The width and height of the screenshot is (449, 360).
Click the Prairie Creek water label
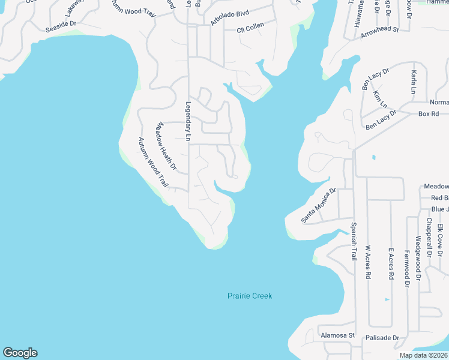[x=250, y=296]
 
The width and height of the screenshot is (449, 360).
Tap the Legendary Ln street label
[x=188, y=122]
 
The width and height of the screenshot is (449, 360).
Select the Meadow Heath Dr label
[x=166, y=146]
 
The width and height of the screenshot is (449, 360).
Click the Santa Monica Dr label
[x=319, y=205]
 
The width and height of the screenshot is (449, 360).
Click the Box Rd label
[x=429, y=113]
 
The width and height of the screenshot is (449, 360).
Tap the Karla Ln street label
[x=413, y=81]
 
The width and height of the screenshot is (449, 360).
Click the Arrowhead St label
[x=380, y=32]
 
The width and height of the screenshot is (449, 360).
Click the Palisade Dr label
[x=382, y=338]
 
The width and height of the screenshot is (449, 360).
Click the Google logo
[x=20, y=353]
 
